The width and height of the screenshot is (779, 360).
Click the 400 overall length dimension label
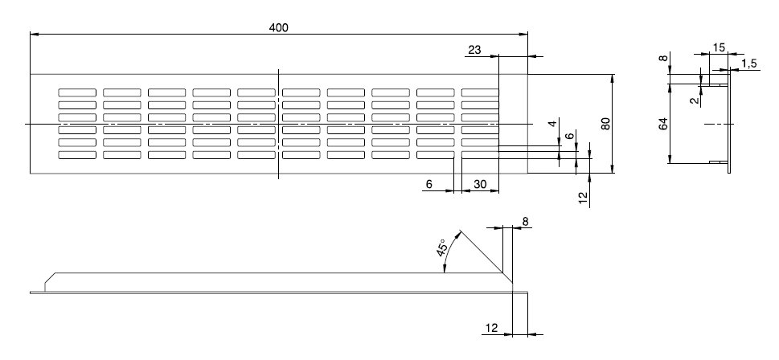[278, 27]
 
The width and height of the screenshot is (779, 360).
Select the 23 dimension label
[474, 50]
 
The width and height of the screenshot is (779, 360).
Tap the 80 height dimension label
[606, 124]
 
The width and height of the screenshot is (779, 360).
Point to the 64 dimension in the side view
[663, 124]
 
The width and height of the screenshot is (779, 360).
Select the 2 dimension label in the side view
[692, 101]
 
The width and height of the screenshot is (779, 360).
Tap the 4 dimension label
[552, 125]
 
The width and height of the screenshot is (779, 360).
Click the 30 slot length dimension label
[480, 184]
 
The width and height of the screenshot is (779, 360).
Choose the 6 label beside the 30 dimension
[428, 184]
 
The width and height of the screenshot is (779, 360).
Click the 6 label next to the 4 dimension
[570, 137]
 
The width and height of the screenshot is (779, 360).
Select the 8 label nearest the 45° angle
[525, 220]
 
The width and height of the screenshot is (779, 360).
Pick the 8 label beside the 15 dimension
[663, 58]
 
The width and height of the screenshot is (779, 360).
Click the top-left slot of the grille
[76, 92]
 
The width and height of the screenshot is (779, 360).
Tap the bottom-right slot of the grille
[480, 154]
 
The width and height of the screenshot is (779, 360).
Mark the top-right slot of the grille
[480, 92]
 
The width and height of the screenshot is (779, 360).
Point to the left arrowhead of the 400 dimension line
[34, 34]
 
